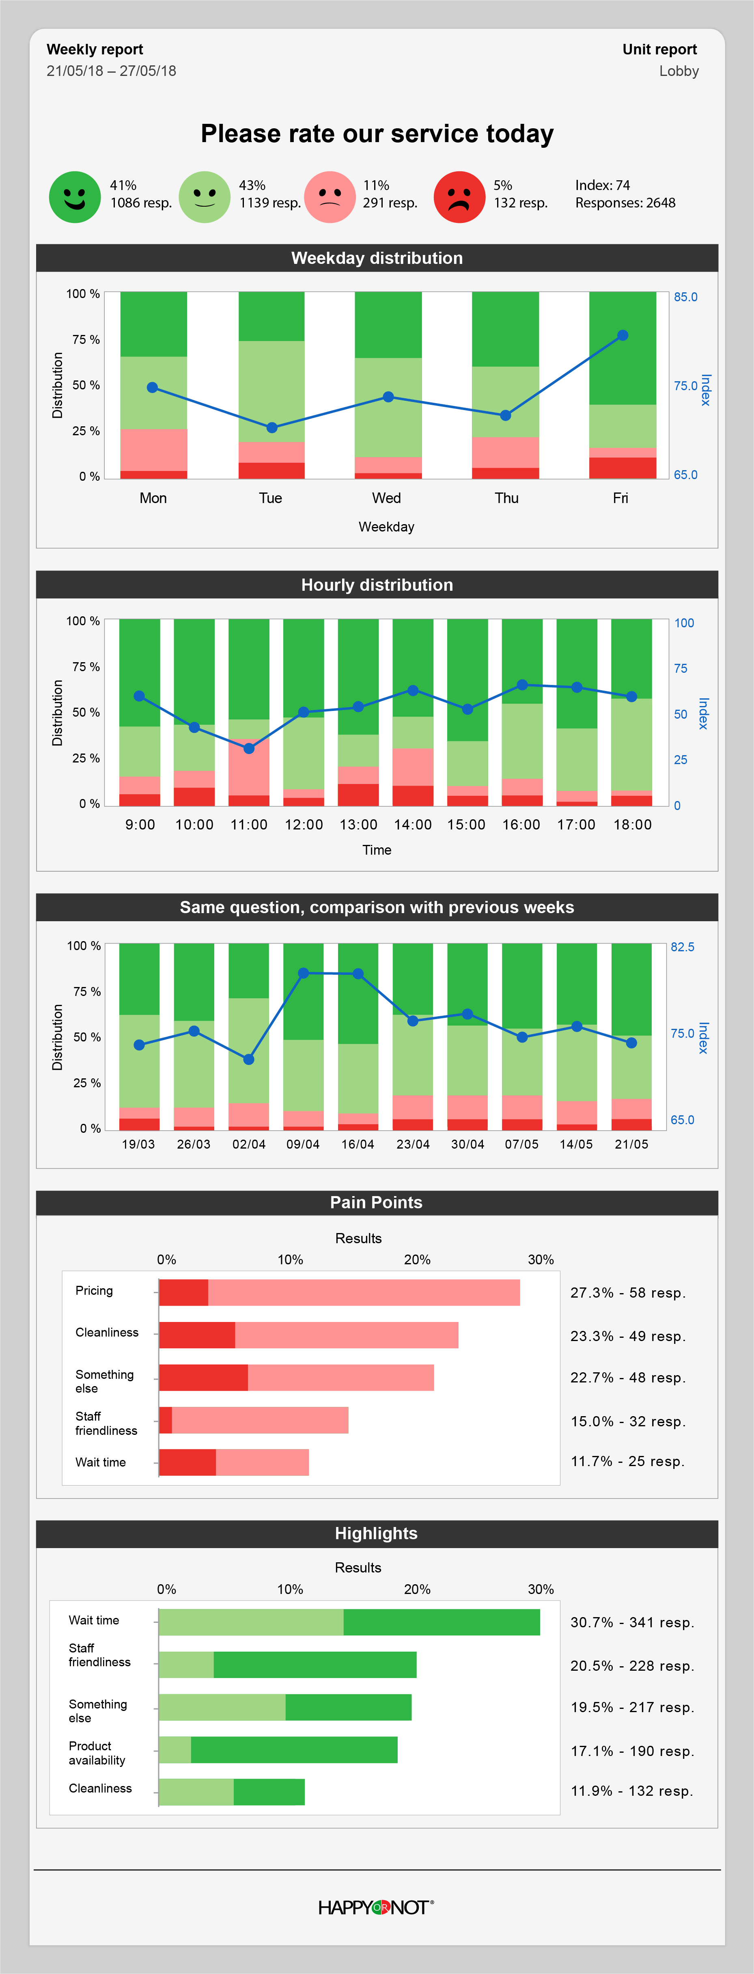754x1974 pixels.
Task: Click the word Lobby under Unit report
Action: click(x=679, y=71)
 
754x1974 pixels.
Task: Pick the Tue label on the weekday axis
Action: click(x=271, y=498)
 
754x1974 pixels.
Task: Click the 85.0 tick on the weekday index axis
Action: click(x=685, y=297)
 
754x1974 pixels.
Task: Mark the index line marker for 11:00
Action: click(x=249, y=748)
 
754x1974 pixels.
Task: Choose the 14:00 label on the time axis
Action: click(x=412, y=825)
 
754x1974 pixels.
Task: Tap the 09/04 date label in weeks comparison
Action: click(x=303, y=1144)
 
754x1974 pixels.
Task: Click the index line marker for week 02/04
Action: click(x=248, y=1059)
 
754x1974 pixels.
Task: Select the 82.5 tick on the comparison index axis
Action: click(x=682, y=947)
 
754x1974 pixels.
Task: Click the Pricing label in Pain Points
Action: click(x=94, y=1290)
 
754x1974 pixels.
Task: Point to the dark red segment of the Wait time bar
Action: click(x=187, y=1462)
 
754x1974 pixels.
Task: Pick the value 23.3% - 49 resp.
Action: click(x=627, y=1336)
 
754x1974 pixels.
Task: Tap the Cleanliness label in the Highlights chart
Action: click(x=100, y=1788)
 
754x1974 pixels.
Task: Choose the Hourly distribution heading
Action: click(x=377, y=585)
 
